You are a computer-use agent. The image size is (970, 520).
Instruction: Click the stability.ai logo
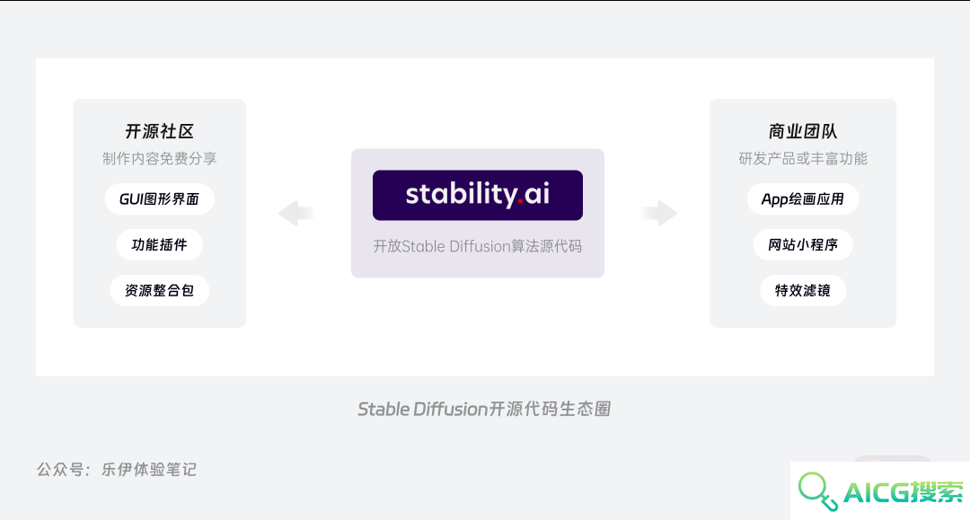[x=478, y=196]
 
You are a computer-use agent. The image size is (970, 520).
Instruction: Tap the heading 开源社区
[x=160, y=131]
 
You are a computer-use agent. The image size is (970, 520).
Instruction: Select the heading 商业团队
[x=802, y=131]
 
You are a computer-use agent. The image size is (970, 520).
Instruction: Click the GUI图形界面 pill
[x=160, y=199]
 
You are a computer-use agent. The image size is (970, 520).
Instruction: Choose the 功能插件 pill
[x=160, y=245]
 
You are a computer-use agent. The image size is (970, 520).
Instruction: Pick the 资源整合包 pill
[x=160, y=291]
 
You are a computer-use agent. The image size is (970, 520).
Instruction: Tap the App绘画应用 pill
[x=803, y=199]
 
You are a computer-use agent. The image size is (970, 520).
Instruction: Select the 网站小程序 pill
[x=803, y=245]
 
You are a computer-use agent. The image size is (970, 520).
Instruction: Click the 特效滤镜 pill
[x=803, y=291]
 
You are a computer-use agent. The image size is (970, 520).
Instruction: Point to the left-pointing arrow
[x=295, y=214]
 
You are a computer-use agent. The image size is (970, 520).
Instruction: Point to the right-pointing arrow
[x=659, y=214]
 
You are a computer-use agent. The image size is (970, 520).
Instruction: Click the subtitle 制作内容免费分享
[x=160, y=159]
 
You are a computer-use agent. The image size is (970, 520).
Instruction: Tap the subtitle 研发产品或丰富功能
[x=803, y=159]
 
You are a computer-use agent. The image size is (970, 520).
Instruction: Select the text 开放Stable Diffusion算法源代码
[x=478, y=247]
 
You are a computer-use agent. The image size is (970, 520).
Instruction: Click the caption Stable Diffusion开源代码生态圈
[x=484, y=410]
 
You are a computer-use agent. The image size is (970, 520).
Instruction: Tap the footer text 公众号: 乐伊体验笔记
[x=116, y=470]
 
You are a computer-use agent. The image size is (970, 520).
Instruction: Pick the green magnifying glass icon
[x=817, y=491]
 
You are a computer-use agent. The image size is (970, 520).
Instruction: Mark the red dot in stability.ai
[x=520, y=201]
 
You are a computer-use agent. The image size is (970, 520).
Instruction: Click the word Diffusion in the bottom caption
[x=451, y=410]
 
